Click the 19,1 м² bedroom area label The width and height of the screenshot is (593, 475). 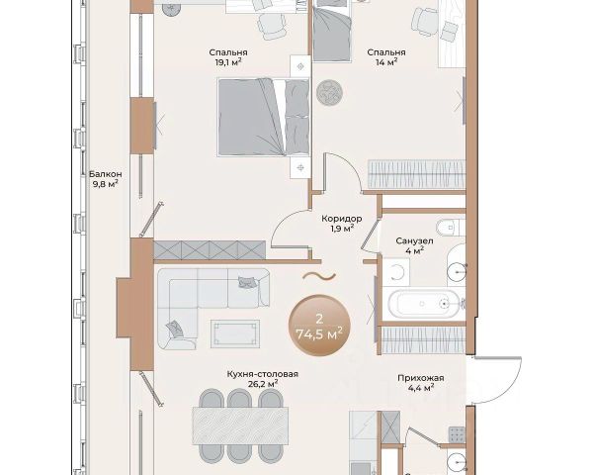(228, 62)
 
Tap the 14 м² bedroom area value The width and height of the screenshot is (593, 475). (386, 62)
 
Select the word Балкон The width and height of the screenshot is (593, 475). (106, 174)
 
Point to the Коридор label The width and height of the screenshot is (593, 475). (342, 219)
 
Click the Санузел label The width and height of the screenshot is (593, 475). (414, 240)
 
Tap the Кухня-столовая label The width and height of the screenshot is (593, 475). (263, 374)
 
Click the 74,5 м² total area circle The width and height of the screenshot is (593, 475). (319, 326)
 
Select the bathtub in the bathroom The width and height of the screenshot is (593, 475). (424, 304)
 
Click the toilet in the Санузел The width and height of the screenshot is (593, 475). (450, 228)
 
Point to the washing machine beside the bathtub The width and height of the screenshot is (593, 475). (396, 271)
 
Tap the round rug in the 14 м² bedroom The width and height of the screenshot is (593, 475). (329, 92)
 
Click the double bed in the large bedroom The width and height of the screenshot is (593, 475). (264, 117)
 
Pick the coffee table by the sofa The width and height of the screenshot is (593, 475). (235, 333)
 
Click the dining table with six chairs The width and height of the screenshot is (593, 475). (240, 426)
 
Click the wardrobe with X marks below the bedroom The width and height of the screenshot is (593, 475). (210, 250)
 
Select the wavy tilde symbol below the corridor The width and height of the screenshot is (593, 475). (319, 276)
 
